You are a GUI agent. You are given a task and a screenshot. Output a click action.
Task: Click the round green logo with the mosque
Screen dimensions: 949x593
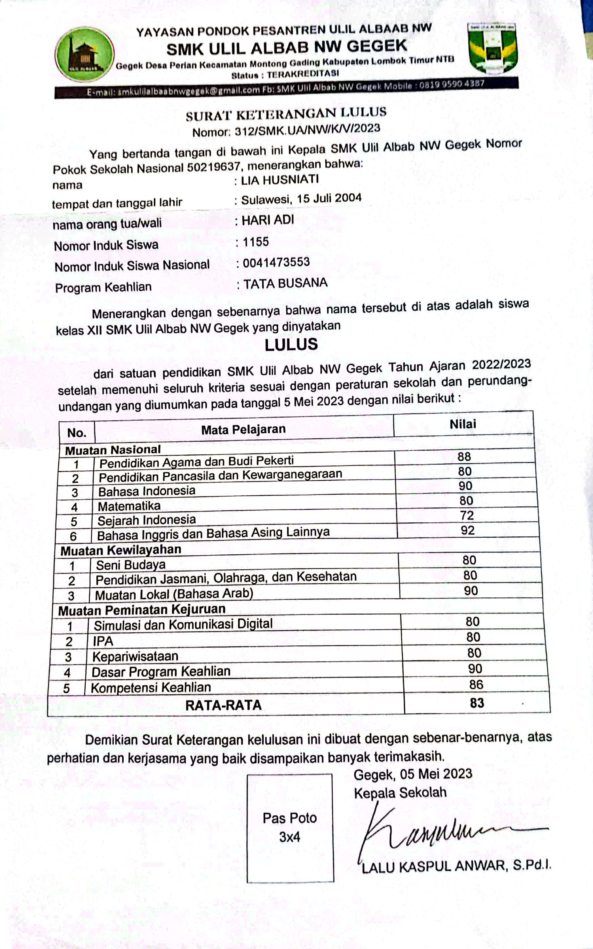coord(84,54)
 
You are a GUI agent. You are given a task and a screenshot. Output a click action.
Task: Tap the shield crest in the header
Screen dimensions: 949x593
coord(493,48)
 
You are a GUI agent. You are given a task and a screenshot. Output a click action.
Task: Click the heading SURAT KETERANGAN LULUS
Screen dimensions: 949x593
coord(286,114)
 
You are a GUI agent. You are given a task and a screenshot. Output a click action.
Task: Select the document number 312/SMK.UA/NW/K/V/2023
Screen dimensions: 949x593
coord(307,129)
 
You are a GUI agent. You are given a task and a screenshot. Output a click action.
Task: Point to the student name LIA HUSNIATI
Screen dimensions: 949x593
coord(280,180)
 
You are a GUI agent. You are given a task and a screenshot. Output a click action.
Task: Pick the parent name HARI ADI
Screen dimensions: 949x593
coord(268,220)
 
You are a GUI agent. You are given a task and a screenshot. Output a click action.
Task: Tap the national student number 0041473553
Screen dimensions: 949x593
coord(276,262)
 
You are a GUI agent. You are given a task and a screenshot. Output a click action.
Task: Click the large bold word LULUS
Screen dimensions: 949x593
coord(291,344)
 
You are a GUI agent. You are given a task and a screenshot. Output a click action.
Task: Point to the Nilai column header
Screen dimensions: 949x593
coord(463,424)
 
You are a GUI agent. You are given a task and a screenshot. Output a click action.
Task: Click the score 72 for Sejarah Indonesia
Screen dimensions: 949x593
coord(467,515)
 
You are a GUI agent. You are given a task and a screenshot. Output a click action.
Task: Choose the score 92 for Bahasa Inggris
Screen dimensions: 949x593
coord(467,530)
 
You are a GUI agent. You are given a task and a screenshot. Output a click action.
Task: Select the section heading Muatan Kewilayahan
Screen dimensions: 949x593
coord(121,550)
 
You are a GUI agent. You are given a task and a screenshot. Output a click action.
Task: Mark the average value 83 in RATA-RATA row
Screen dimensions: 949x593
coord(477,703)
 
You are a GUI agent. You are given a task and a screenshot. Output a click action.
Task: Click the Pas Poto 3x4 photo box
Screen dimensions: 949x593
coord(290,828)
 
